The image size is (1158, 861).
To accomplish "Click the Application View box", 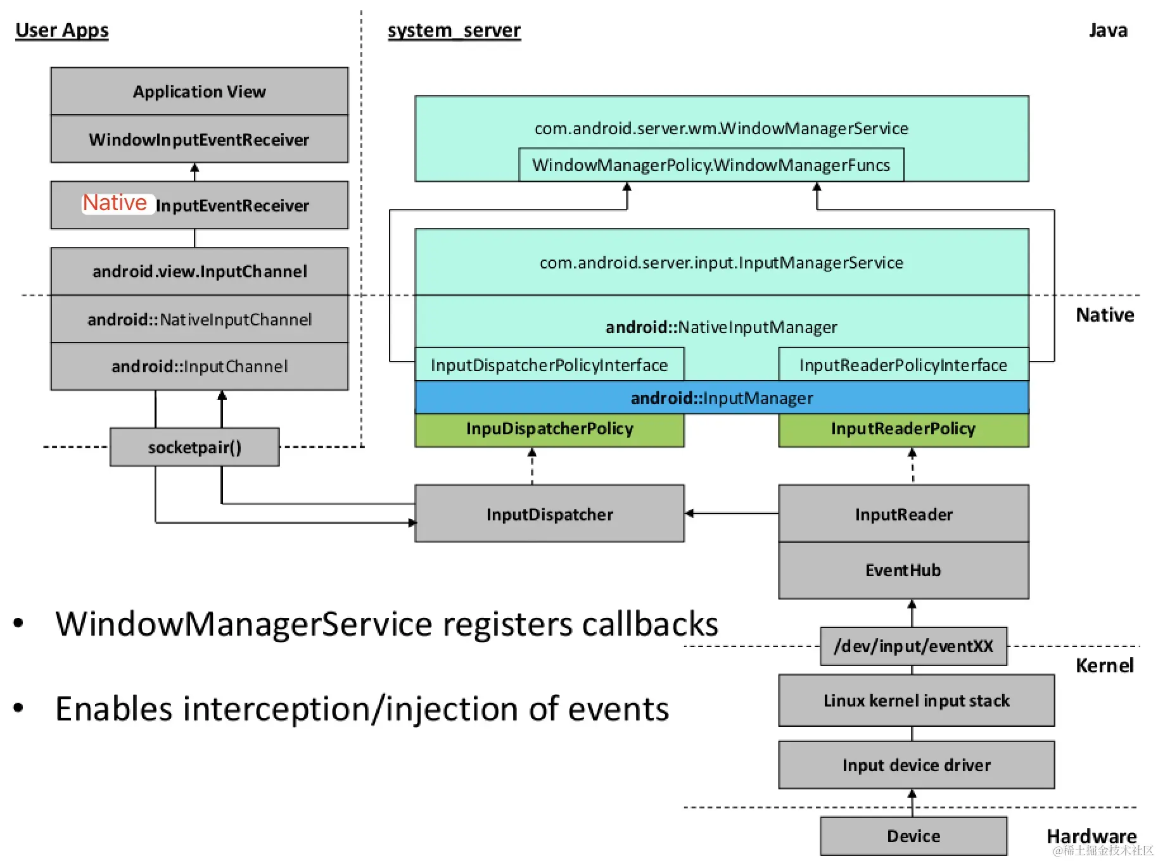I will pos(199,91).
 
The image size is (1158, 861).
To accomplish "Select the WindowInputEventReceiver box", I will pos(199,139).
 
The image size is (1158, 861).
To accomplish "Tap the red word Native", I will pos(115,203).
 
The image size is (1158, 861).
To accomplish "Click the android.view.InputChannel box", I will pos(199,272).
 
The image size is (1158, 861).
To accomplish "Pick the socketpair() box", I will pos(194,448).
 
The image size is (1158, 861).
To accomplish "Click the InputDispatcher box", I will pos(549,514).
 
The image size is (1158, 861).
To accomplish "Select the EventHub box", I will pos(903,570).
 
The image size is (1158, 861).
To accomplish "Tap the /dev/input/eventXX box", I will pos(913,646).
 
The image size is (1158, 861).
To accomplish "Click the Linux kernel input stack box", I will pos(916,701).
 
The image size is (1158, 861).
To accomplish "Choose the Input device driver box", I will pos(916,765).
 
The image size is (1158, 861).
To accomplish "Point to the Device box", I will pos(913,836).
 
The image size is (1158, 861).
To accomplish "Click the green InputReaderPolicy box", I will pos(903,429).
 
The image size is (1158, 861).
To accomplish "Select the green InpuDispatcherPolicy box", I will pos(549,429).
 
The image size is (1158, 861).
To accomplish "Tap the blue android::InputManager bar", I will pos(722,398).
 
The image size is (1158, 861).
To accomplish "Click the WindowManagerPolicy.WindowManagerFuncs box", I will pos(711,165).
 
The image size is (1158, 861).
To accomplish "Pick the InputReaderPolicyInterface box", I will pos(903,365).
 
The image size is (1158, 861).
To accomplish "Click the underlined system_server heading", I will pos(454,30).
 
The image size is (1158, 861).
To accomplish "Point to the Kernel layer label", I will pos(1104,666).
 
